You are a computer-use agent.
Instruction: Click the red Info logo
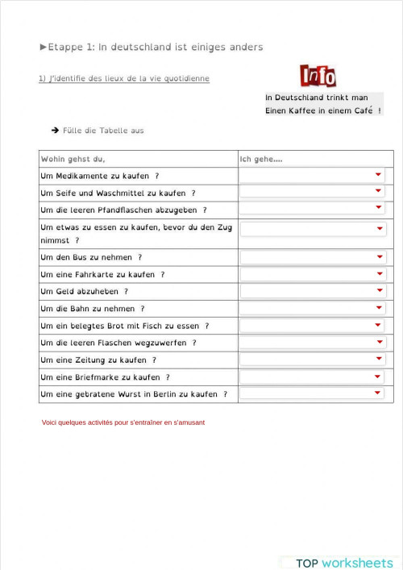318,77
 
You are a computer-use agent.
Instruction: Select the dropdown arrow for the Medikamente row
377,175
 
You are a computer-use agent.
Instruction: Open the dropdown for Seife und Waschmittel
377,192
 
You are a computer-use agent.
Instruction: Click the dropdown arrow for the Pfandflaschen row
377,209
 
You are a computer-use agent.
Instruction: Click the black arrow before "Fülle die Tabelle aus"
55,130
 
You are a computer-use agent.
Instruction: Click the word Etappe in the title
64,47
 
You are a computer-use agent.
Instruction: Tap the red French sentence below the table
123,422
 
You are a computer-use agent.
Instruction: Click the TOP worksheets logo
344,563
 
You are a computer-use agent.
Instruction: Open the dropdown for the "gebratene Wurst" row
377,393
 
